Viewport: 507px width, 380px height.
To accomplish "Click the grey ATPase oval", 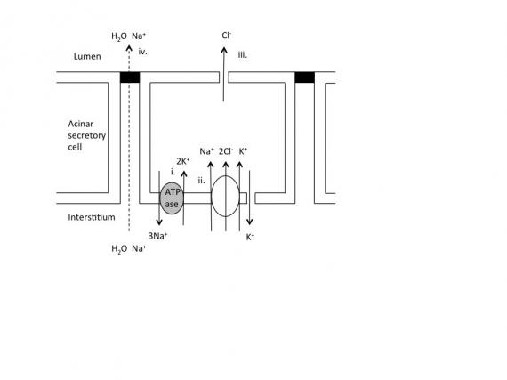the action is coord(172,198).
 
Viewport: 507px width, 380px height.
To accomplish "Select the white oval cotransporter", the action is coord(225,196).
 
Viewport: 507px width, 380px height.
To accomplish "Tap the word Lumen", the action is coord(87,56).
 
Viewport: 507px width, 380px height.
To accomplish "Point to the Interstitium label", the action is coord(92,217).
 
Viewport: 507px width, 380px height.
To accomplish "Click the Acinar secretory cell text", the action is coord(86,135).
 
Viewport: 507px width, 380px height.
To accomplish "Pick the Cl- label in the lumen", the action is coord(227,36).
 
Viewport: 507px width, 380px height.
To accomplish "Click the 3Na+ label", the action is coord(157,236).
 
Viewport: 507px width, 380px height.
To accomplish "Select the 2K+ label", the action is coord(183,161).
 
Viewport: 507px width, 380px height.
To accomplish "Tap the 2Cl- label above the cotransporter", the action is coord(226,151).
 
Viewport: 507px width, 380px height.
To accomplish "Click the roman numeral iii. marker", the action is coord(243,54).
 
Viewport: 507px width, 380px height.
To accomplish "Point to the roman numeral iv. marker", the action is coord(142,52).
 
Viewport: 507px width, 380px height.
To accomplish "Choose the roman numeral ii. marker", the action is coord(201,181).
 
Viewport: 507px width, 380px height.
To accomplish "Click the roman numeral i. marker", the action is coord(173,172).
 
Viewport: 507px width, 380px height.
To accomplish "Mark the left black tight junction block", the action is coord(130,77).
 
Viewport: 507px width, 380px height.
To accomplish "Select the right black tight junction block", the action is coord(304,77).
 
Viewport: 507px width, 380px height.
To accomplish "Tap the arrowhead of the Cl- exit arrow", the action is coord(224,49).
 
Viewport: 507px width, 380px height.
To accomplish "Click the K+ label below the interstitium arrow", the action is coord(250,237).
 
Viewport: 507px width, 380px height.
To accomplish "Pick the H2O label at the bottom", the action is coord(119,249).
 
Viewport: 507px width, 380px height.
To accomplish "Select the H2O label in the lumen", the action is coord(119,36).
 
